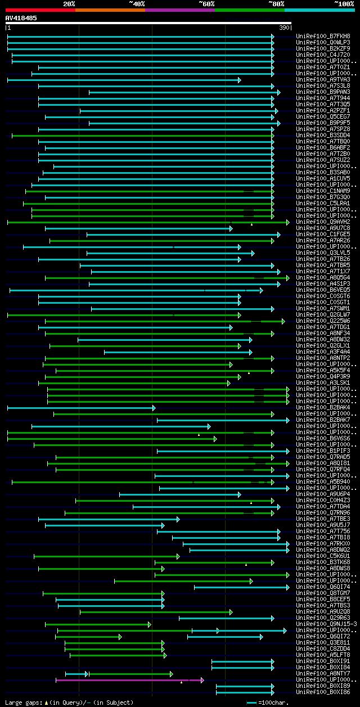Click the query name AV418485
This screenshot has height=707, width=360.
click(x=21, y=18)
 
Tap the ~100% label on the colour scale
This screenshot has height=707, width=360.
click(x=344, y=4)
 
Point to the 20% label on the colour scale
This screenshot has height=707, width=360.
click(x=69, y=4)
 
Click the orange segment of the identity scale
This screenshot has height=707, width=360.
click(x=110, y=10)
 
